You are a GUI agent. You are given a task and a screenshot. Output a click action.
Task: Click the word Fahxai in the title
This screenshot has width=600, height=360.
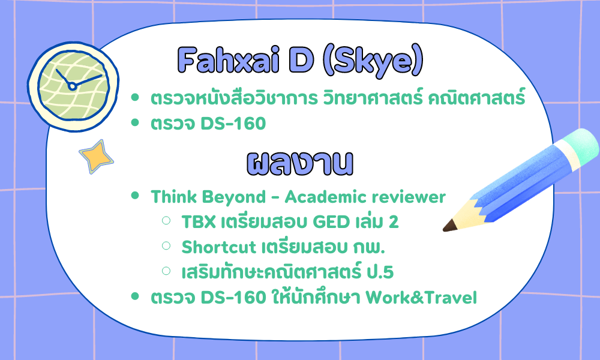click(229, 61)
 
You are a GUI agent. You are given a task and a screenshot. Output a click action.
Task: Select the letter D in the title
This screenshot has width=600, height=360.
click(301, 61)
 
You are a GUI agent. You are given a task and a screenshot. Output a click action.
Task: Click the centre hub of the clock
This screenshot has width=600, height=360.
click(72, 86)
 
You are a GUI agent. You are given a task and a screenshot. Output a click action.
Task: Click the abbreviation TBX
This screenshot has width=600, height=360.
click(199, 222)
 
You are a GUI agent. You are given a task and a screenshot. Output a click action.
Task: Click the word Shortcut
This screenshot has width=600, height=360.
click(219, 247)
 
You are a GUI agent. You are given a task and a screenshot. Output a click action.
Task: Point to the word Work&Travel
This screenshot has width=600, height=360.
click(421, 298)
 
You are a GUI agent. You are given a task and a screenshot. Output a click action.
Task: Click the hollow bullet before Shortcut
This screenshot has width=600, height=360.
click(166, 245)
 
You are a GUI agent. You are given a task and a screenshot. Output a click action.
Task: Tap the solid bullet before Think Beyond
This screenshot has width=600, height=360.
click(134, 196)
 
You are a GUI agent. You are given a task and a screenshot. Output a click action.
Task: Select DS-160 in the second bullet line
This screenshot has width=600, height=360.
click(233, 124)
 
